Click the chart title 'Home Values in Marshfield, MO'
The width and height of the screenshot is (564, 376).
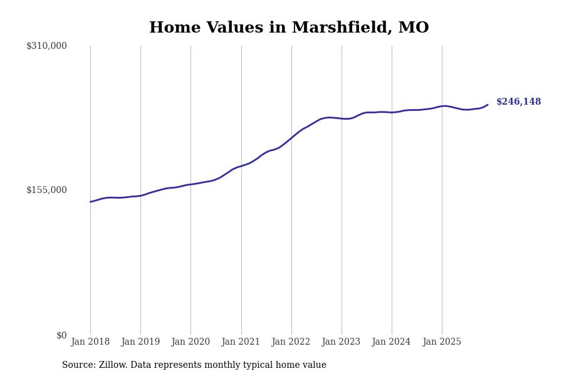tap(289, 28)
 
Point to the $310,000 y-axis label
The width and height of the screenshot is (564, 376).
tap(46, 46)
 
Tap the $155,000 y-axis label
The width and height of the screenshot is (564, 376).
tap(46, 190)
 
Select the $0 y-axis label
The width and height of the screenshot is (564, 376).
tap(61, 335)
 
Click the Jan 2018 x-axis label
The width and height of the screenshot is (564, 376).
tap(90, 342)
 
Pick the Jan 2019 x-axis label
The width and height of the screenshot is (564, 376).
tap(140, 342)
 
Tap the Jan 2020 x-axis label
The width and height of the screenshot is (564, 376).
tap(191, 342)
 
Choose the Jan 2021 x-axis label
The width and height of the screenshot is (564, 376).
tap(241, 342)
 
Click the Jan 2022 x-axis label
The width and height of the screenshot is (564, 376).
tap(291, 342)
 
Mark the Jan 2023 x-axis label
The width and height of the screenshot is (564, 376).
tap(341, 342)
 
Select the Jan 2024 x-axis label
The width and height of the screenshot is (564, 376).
tap(391, 342)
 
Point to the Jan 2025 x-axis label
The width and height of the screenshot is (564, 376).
tap(442, 342)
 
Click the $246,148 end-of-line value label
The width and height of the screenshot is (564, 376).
tap(518, 102)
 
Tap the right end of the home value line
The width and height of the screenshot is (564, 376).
tap(488, 105)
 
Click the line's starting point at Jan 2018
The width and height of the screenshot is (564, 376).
tap(90, 202)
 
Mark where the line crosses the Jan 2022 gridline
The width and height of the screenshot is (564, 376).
tap(291, 137)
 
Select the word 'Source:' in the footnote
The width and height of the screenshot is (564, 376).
tap(78, 365)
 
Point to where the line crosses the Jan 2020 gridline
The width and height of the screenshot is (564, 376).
tap(191, 184)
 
